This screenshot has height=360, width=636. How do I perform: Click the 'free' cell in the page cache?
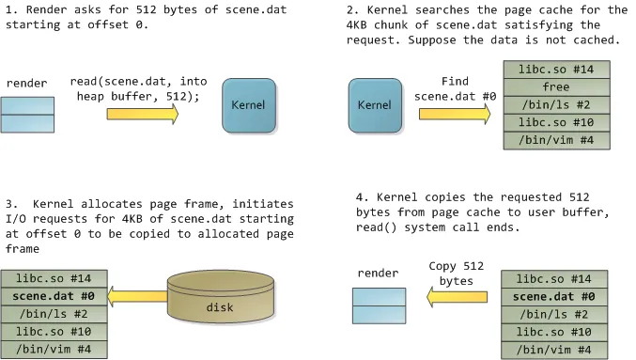[x=556, y=87]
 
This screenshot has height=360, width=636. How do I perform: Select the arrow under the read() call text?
[x=142, y=114]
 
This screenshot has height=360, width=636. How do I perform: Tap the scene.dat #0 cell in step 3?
[x=54, y=298]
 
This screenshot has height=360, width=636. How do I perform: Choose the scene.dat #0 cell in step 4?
[x=556, y=298]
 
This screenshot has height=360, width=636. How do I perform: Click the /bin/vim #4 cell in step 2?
[x=556, y=140]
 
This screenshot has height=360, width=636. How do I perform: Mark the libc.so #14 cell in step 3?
[x=54, y=280]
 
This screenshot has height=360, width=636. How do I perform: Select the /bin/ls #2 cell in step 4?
[x=556, y=315]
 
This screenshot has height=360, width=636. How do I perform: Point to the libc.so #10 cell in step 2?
[x=556, y=122]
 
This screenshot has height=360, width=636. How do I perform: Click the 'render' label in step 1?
[x=27, y=83]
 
